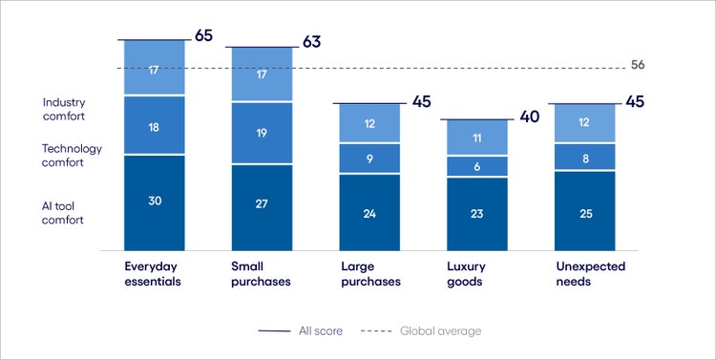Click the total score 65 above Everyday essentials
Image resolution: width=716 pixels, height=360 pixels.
pos(203,36)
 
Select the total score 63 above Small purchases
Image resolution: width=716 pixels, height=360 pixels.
pos(311,42)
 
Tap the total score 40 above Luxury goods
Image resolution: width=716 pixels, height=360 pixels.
pos(530,116)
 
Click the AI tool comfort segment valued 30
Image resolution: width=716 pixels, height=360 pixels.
pos(154,201)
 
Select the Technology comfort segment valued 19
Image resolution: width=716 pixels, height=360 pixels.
pos(262,133)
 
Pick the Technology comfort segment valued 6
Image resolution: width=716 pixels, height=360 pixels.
pos(477,165)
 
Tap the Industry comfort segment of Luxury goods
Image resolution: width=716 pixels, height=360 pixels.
pos(477,138)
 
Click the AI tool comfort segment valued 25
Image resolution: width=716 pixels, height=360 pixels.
pos(585,210)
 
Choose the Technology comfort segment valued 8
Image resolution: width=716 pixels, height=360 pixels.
pos(585,157)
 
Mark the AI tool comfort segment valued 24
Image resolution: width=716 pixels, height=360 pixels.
pos(369,212)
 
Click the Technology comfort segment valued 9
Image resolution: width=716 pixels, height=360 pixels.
pos(369,158)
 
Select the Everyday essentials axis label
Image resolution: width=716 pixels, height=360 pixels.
pos(154,274)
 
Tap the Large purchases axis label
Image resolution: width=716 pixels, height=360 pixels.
pos(369,274)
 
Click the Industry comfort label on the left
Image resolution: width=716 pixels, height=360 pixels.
pos(64,109)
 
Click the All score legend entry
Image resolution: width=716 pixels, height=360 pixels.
pos(297,330)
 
